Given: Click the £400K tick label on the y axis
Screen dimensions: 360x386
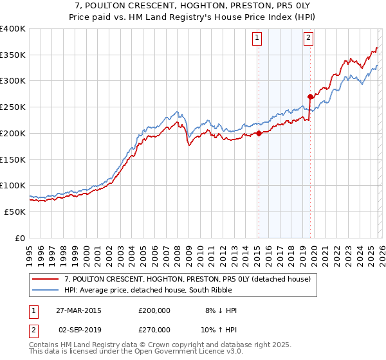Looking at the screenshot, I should [x=13, y=29].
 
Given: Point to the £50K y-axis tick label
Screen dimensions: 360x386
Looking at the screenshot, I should [x=15, y=212].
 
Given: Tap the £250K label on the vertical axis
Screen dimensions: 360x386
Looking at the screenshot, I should [x=13, y=107].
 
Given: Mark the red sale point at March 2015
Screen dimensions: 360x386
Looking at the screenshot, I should [x=259, y=134].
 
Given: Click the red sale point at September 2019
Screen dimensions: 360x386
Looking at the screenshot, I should [x=310, y=97].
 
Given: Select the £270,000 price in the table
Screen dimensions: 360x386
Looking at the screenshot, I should [x=154, y=328].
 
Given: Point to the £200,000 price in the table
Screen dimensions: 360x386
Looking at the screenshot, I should [x=154, y=310].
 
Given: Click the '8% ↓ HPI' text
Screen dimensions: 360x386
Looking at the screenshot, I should [x=221, y=310].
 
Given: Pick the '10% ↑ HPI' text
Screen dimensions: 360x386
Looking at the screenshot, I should [x=219, y=328].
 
